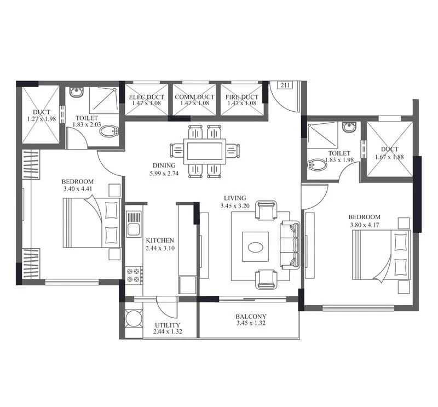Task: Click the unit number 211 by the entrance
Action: pos(285,85)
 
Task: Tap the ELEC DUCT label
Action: pos(147,98)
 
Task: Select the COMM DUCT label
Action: pos(195,98)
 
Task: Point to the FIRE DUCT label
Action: pos(241,98)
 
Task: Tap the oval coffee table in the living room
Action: pos(256,248)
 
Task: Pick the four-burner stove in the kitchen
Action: pos(134,274)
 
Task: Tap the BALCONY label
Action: pos(251,317)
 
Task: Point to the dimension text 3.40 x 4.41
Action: pos(78,190)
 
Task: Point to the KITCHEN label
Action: pos(160,240)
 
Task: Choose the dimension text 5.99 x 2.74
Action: pos(164,173)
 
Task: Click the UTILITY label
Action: pos(167,325)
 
